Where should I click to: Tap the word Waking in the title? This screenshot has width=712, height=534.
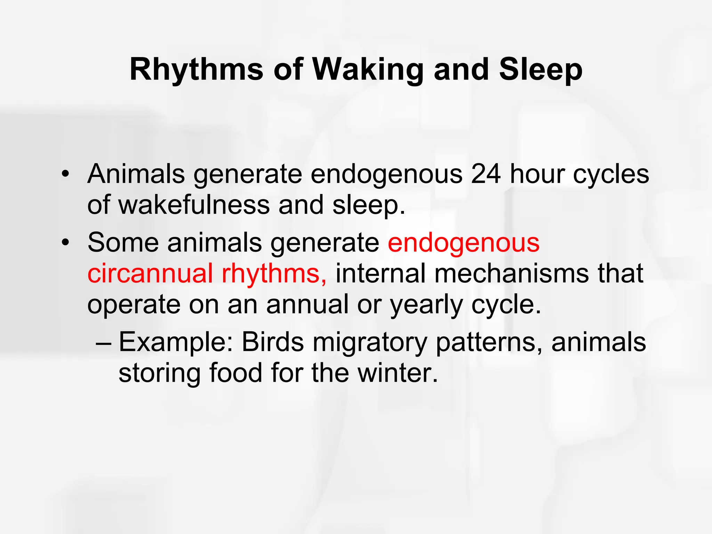point(368,70)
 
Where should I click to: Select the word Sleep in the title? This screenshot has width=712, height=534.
point(541,70)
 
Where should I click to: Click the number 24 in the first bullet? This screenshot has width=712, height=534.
point(486,174)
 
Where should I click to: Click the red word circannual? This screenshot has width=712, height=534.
point(150,274)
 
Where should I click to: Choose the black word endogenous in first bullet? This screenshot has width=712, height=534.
point(386,174)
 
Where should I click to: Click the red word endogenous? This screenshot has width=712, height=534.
point(463,242)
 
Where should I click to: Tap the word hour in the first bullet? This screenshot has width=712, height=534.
point(537,174)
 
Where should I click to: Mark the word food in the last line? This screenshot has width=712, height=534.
point(235,373)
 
